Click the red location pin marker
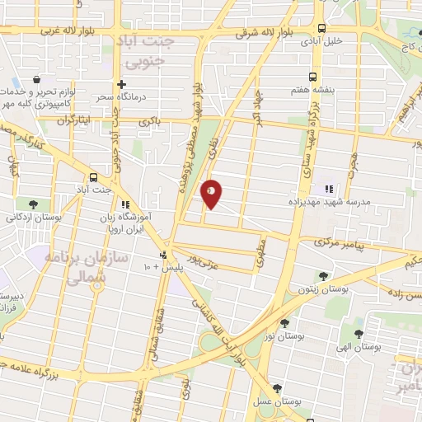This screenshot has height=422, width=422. pyautogui.click(x=211, y=194)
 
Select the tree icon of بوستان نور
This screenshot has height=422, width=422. pyautogui.click(x=284, y=323)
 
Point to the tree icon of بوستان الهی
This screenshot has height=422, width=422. pyautogui.click(x=358, y=335)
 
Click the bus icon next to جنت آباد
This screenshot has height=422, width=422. pyautogui.click(x=93, y=176)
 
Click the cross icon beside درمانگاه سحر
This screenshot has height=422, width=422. pyautogui.click(x=121, y=83)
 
